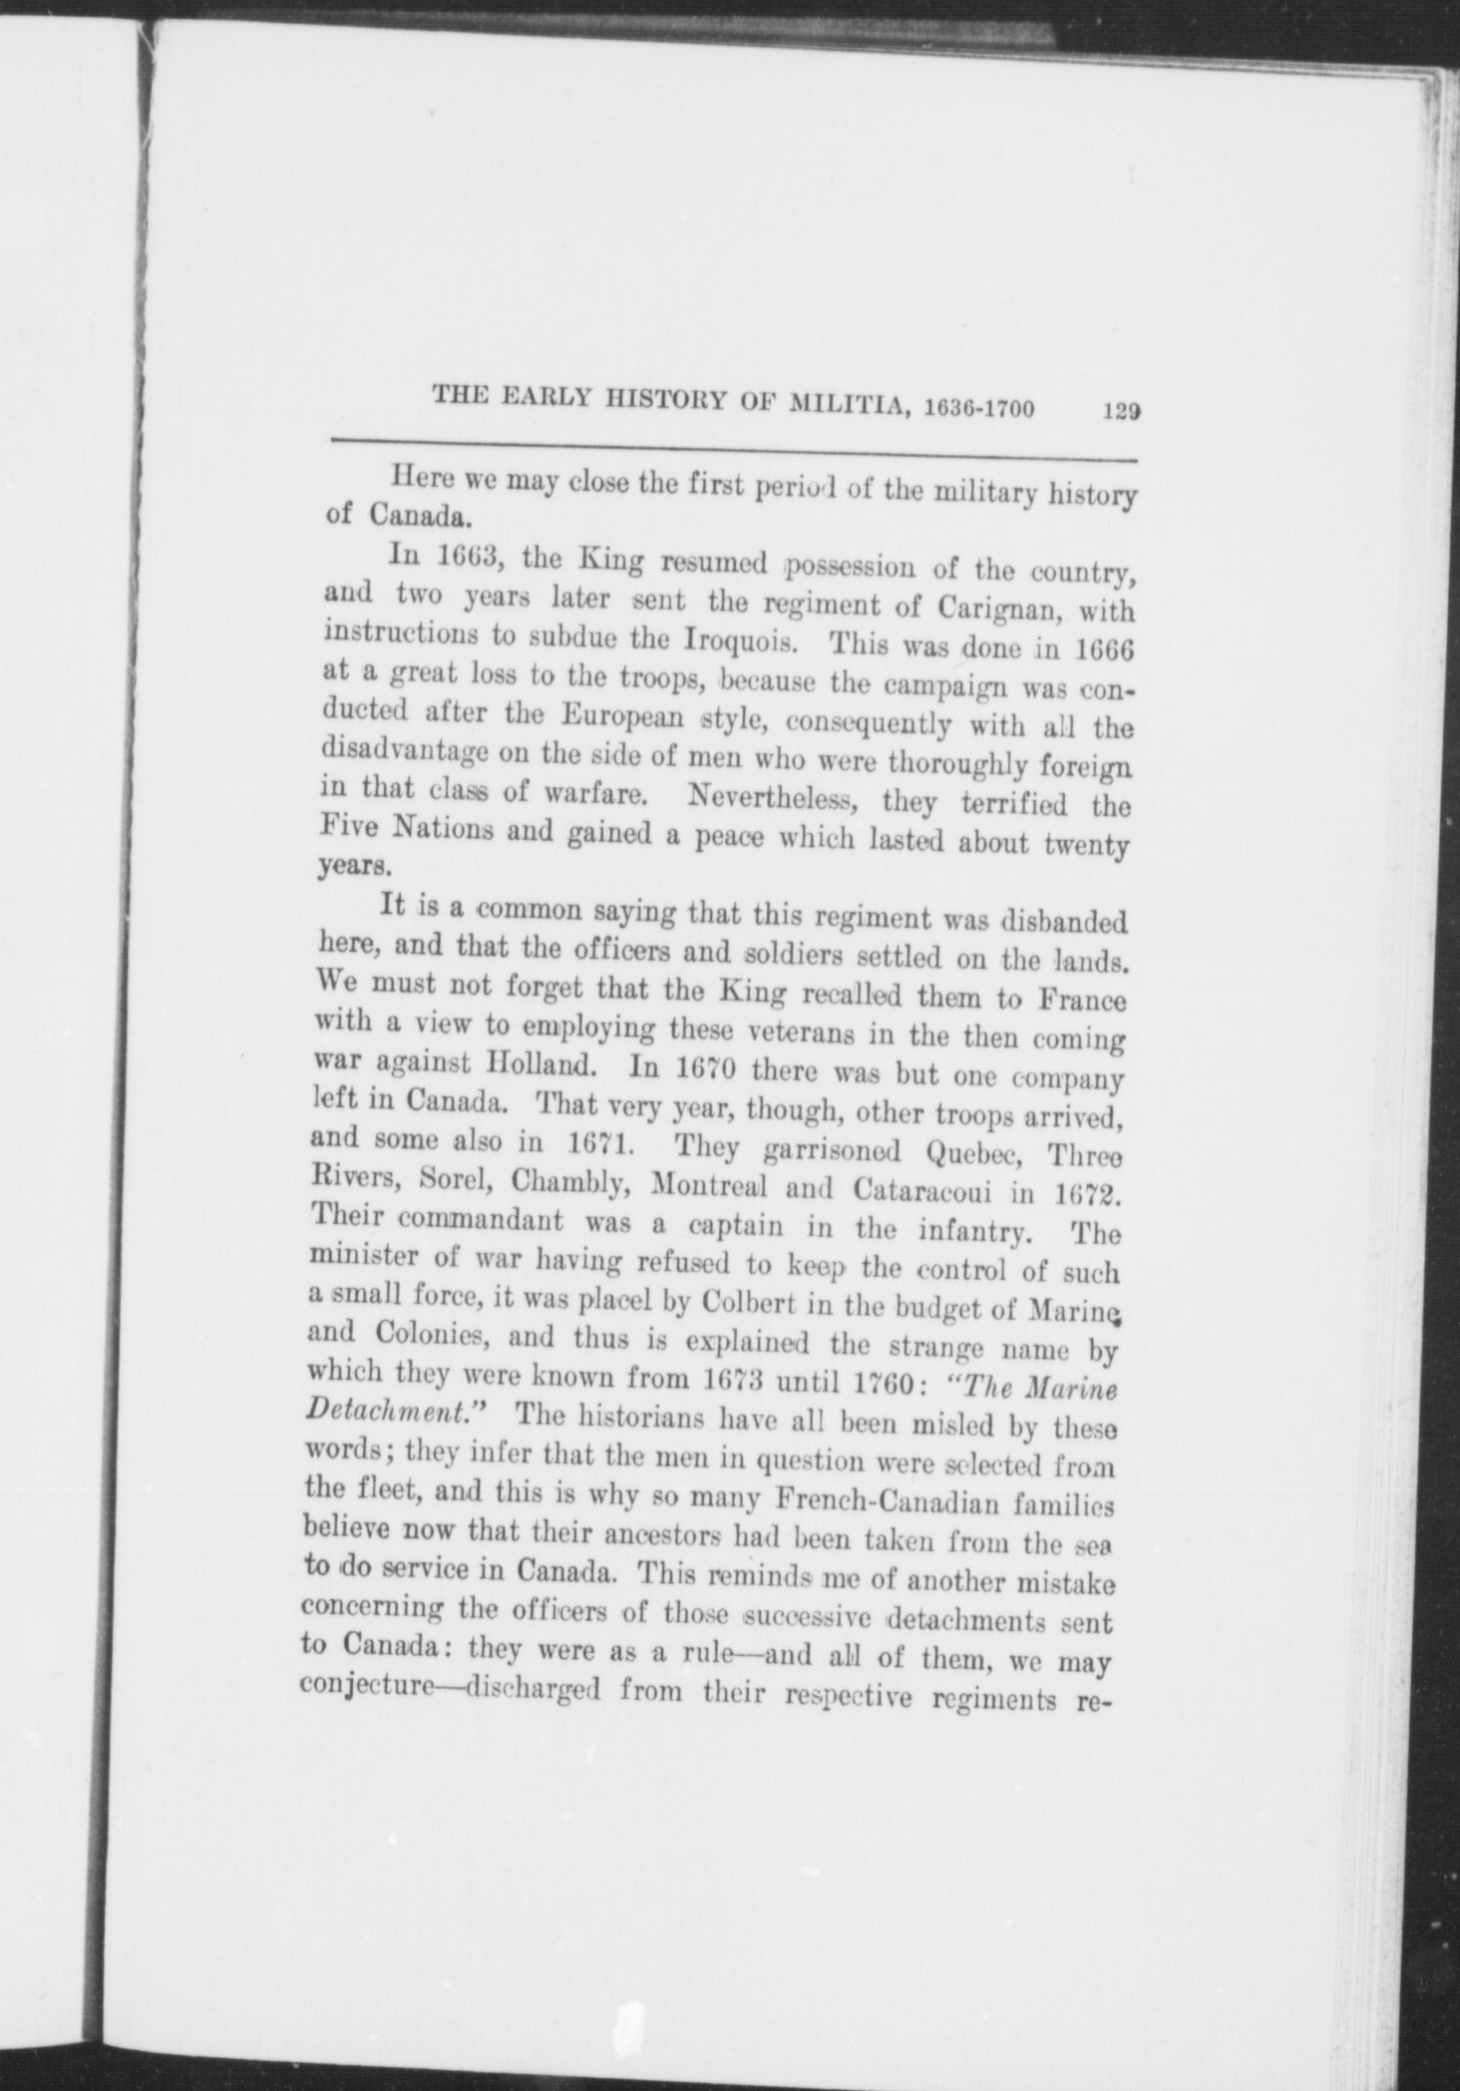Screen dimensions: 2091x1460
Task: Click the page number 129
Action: point(1121,411)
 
